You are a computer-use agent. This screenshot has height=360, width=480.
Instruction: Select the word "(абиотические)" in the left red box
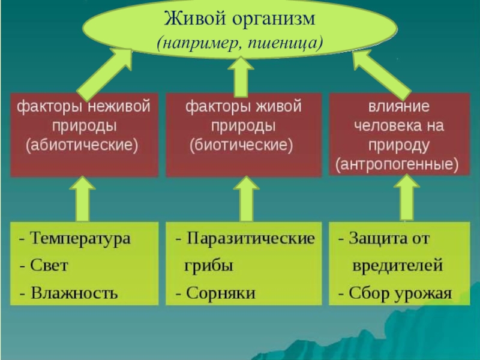[82, 145]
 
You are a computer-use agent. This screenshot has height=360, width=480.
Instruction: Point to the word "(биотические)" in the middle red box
[241, 145]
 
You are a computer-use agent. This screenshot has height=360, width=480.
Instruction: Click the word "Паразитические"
[250, 238]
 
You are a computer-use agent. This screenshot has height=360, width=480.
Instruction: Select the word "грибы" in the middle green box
[208, 266]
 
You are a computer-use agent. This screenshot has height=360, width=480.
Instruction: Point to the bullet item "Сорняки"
[220, 293]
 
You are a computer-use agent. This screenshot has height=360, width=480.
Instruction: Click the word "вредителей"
[397, 265]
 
